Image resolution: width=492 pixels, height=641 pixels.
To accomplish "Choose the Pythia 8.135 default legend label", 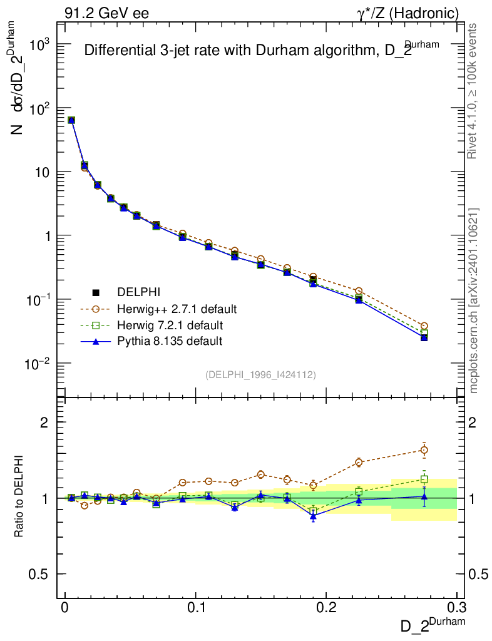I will (x=170, y=341).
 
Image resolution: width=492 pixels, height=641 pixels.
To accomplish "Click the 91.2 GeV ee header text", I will (x=106, y=13).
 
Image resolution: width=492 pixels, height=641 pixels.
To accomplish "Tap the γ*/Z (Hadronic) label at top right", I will (x=413, y=13).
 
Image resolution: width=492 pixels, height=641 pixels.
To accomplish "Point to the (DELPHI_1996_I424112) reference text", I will (x=260, y=374).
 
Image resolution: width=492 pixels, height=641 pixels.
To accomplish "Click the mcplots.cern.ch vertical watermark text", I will (x=474, y=300).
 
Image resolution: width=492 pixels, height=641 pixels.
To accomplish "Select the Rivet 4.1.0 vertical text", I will (x=474, y=91).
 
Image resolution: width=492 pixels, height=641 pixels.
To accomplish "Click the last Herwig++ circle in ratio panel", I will (x=424, y=450).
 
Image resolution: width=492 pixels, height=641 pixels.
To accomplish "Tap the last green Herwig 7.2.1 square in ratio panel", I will (x=424, y=479).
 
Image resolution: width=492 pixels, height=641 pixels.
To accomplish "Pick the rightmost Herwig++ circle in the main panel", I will (x=424, y=326).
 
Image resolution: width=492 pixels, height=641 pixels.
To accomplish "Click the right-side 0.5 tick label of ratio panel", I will (x=478, y=574).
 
